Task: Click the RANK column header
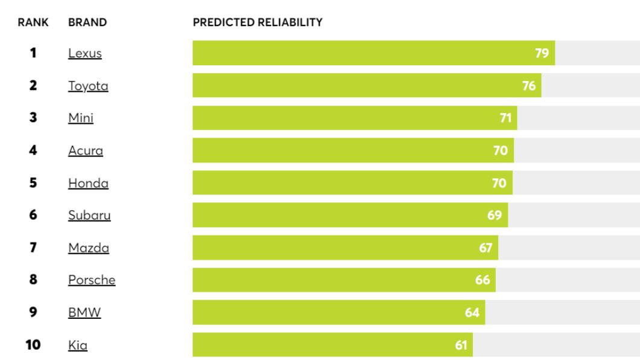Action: point(33,22)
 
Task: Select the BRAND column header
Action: point(88,22)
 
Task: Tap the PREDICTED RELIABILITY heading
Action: point(258,22)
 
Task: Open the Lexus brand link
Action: point(85,53)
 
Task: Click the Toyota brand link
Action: point(88,86)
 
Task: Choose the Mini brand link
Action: point(81,118)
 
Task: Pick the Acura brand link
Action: point(86,150)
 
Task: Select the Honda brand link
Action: point(88,183)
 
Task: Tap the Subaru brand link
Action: point(89,215)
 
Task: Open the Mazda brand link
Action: point(89,248)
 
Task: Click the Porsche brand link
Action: point(92,280)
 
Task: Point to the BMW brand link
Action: point(85,312)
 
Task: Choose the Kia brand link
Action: point(77,346)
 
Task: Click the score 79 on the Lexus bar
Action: point(542,53)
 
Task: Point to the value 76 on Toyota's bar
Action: point(529,86)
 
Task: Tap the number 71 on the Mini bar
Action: point(506,118)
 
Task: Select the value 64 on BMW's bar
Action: point(472,313)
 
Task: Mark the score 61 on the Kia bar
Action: point(461,346)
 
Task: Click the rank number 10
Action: point(33,345)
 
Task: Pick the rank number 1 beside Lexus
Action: point(33,53)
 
